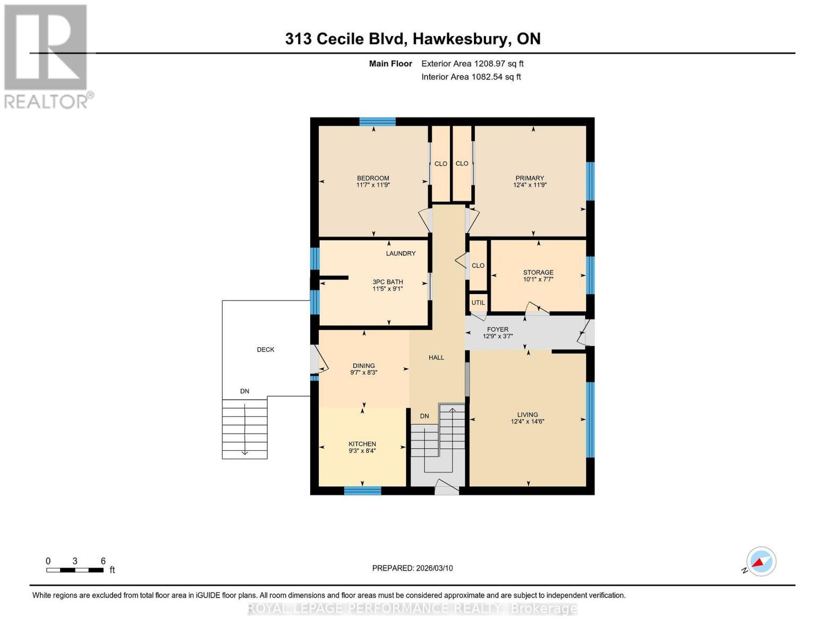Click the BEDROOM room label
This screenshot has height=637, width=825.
372,178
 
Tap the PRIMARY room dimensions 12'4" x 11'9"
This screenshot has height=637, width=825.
529,185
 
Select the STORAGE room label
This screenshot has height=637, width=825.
538,272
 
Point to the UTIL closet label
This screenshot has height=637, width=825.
478,303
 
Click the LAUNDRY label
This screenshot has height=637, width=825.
401,253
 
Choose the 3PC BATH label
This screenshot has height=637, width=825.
387,281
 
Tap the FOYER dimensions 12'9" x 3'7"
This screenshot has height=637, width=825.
497,336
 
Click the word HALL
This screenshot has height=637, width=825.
436,357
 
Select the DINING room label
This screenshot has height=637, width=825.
363,365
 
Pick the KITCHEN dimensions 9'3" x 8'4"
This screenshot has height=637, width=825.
362,450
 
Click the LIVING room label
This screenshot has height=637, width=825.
527,414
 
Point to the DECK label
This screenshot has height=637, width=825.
266,349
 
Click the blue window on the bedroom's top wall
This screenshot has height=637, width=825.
377,122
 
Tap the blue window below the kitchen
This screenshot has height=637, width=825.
362,490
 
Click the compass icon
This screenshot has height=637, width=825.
761,562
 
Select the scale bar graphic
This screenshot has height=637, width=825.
75,570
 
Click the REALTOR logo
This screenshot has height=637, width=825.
47,57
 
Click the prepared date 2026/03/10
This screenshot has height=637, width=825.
435,568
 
